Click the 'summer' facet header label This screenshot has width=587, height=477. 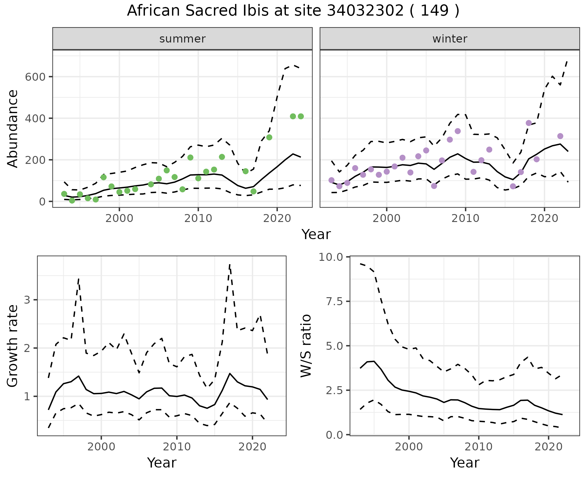[182, 39]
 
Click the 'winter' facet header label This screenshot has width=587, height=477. [449, 39]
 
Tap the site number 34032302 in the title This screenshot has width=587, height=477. [365, 11]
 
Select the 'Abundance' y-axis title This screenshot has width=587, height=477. [13, 128]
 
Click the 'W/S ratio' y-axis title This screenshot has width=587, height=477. [306, 346]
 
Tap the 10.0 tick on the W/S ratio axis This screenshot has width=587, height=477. [331, 257]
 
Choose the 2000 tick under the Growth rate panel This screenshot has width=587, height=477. [101, 447]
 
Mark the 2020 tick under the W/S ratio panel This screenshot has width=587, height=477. [548, 447]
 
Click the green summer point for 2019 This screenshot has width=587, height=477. [269, 137]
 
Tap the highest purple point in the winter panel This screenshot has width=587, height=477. [529, 123]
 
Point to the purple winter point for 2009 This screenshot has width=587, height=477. [458, 131]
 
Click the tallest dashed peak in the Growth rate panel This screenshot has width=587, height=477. [229, 265]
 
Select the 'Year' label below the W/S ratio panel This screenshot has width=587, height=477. [464, 463]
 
